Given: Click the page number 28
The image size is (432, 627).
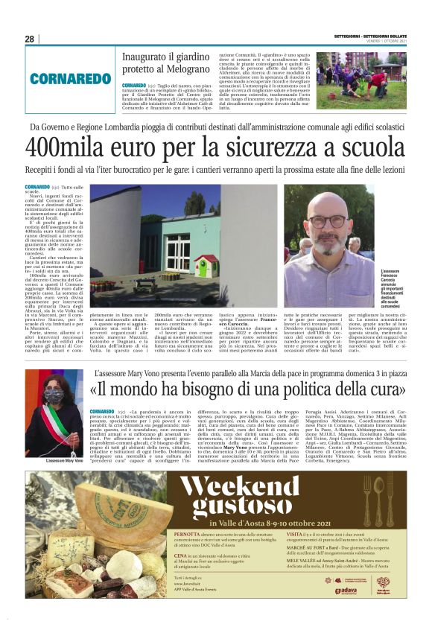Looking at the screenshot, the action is coord(29,39).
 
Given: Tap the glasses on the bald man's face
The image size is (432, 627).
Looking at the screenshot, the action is coord(327,222).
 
